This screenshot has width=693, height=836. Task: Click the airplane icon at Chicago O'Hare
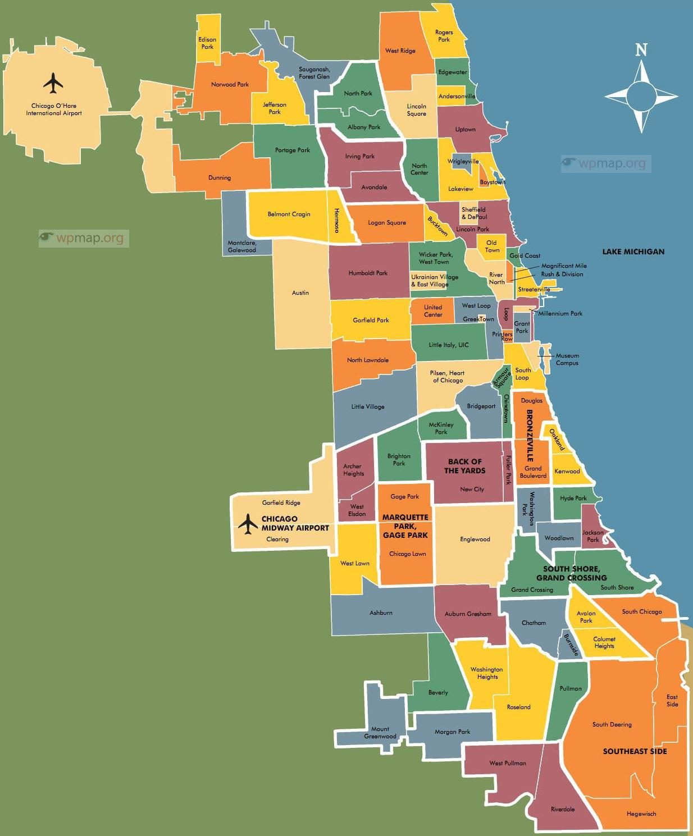[53, 83]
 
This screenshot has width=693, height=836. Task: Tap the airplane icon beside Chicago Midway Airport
[248, 524]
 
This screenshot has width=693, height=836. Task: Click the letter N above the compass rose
[641, 50]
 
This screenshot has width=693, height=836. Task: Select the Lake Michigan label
[633, 252]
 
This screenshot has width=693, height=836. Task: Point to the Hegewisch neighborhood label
[641, 814]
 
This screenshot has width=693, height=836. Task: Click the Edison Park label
[207, 43]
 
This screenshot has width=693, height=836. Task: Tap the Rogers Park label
[444, 36]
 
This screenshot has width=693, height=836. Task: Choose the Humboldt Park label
[368, 273]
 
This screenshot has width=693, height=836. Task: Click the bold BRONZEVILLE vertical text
[529, 436]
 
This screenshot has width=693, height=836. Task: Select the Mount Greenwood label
[380, 733]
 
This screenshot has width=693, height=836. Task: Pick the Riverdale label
[562, 809]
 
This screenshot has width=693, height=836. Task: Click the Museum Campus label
[567, 359]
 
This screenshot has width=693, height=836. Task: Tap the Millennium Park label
[560, 313]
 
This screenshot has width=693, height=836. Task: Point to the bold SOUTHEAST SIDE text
[635, 751]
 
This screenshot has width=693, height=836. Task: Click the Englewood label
[475, 540]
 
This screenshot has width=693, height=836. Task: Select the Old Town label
[492, 246]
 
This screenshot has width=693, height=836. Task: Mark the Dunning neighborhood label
[220, 178]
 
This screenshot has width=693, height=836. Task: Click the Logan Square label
[387, 223]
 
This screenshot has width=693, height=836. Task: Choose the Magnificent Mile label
[564, 266]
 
